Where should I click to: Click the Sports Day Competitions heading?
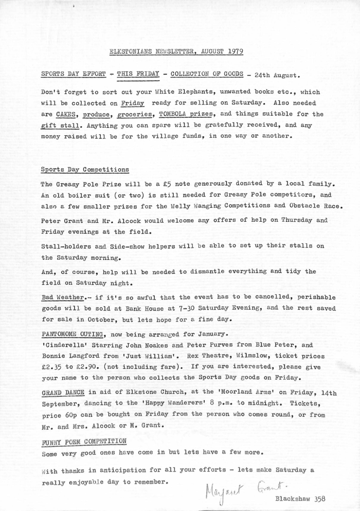85,169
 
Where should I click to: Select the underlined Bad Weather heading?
63,298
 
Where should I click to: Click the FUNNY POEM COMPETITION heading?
84,442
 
